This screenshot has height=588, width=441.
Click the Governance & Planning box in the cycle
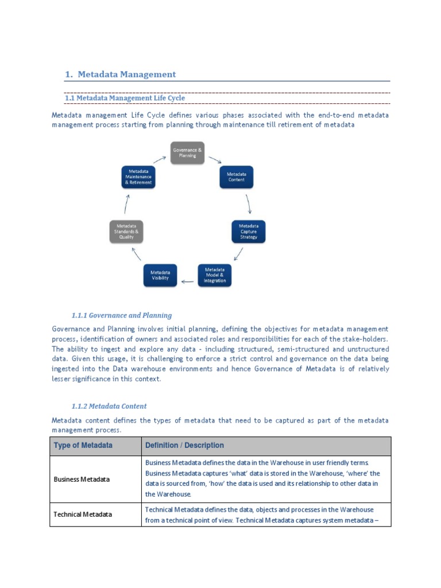click(187, 153)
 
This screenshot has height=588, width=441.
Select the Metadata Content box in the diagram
click(236, 177)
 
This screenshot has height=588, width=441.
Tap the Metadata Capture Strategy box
click(249, 231)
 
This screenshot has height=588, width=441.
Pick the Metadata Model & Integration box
click(215, 275)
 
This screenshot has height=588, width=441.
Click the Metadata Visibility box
click(160, 275)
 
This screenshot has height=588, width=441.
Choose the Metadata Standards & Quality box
click(126, 231)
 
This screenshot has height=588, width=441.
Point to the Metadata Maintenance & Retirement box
click(138, 177)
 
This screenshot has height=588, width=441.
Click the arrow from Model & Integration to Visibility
click(187, 281)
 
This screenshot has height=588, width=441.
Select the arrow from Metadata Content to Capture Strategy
click(249, 204)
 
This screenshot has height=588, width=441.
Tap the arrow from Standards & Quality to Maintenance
click(127, 204)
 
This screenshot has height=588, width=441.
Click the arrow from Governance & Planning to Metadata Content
click(215, 159)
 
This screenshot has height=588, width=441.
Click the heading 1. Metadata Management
click(120, 74)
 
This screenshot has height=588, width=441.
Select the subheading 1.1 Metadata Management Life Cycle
click(125, 98)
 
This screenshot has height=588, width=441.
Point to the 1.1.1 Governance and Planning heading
click(122, 315)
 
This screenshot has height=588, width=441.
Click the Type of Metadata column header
click(83, 446)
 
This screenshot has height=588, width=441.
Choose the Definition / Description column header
click(184, 446)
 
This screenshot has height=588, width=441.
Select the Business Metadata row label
click(82, 479)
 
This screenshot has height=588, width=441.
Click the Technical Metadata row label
click(83, 514)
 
